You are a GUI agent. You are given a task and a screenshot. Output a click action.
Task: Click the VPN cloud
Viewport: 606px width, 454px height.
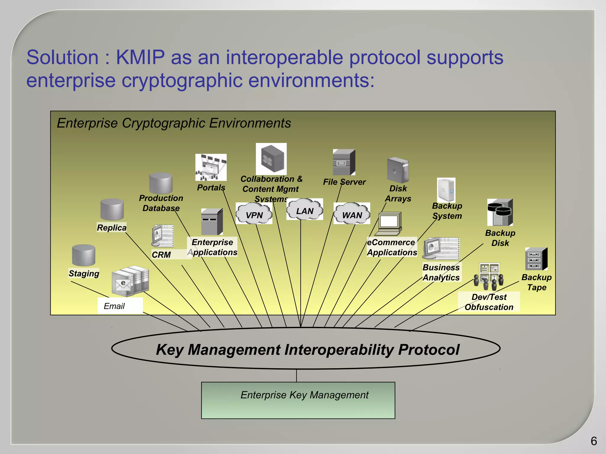click(x=254, y=213)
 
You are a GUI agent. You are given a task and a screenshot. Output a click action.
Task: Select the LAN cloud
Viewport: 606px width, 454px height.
click(x=304, y=210)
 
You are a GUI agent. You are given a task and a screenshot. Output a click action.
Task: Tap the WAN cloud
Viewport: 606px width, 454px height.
click(x=352, y=213)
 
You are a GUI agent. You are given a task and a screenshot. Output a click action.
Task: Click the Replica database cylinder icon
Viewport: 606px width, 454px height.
click(x=112, y=210)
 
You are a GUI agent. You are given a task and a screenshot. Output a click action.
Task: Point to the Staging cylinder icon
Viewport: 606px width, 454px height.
click(x=83, y=255)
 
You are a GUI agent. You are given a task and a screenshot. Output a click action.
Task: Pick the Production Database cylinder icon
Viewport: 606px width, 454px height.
click(x=161, y=183)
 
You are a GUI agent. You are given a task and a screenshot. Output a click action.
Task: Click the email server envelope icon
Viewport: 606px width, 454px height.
click(x=130, y=281)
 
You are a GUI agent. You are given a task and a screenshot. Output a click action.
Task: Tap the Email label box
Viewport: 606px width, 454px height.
click(x=120, y=306)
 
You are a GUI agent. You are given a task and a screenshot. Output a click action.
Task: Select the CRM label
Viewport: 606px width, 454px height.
click(x=161, y=255)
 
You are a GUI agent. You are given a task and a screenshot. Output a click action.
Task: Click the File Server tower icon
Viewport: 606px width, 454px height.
click(x=344, y=162)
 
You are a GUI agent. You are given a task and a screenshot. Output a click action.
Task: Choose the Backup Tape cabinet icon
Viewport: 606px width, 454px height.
click(x=536, y=259)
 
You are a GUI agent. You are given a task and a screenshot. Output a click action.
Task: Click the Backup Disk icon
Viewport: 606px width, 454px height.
click(x=500, y=212)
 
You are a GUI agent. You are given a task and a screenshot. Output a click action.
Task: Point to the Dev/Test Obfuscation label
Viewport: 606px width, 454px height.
click(x=489, y=302)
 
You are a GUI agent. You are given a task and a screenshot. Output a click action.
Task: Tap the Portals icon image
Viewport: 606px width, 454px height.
click(x=211, y=167)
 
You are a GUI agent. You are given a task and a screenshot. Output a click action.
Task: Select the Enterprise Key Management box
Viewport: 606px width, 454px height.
click(x=298, y=400)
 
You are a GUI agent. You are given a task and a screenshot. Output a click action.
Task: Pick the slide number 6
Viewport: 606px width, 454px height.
click(x=594, y=441)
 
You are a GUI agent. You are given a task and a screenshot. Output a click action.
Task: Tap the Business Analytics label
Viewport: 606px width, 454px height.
click(x=441, y=272)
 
